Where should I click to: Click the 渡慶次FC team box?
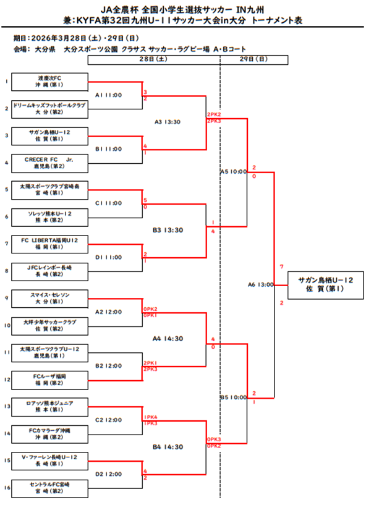(50, 82)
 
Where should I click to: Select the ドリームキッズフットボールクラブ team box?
(50, 109)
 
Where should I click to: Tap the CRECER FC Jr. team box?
(50, 162)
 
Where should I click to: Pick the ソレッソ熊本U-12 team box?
(50, 216)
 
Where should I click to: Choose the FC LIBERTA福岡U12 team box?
(50, 243)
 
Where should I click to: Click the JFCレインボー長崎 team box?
(50, 270)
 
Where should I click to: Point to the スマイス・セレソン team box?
(50, 297)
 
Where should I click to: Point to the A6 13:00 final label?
(260, 284)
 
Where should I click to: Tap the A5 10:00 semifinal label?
(233, 171)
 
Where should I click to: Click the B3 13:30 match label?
(168, 230)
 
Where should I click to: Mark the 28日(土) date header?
(154, 59)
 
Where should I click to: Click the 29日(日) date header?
(254, 59)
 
